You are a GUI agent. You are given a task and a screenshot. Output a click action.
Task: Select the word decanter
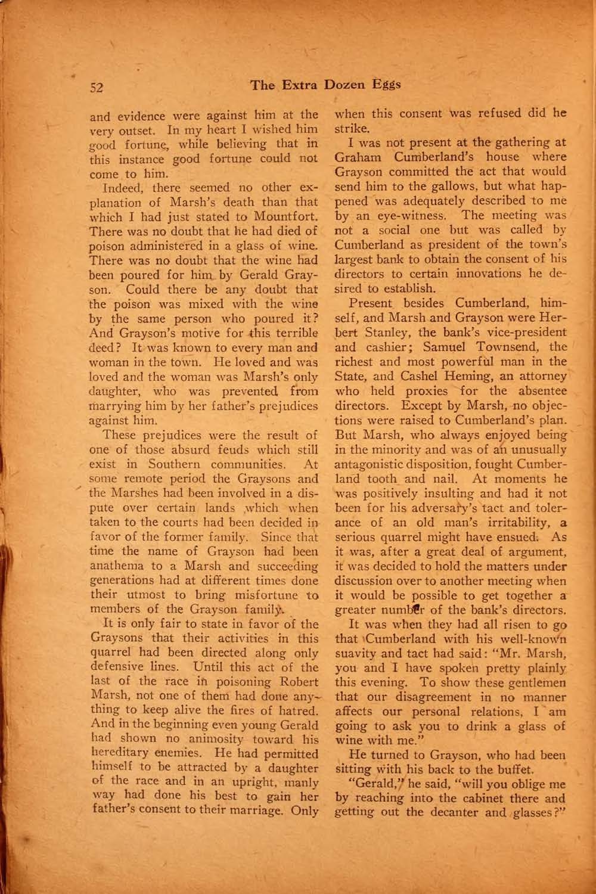point(460,812)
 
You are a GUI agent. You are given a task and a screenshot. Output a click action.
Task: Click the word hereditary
point(118,754)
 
